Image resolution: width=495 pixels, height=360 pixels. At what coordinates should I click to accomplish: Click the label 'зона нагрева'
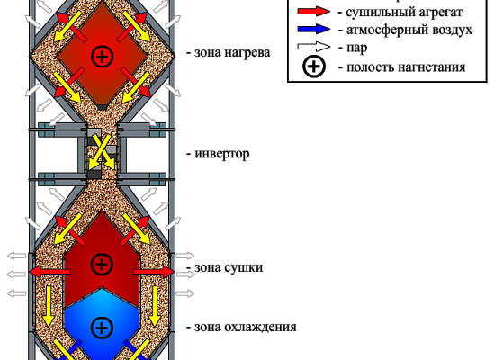(x=232, y=53)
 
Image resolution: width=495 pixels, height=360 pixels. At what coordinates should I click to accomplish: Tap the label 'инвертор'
(x=222, y=154)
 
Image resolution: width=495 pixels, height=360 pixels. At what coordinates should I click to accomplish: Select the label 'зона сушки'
(x=229, y=267)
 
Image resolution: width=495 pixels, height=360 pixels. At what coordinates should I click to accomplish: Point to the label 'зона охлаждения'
(x=246, y=327)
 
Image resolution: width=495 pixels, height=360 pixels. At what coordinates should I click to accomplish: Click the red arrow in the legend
(x=313, y=12)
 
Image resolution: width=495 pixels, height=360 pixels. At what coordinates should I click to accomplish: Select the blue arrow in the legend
(x=313, y=30)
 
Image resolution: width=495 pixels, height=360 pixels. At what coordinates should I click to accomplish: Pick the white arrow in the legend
(x=313, y=47)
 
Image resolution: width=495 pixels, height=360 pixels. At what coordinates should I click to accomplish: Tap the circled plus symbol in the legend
(x=314, y=67)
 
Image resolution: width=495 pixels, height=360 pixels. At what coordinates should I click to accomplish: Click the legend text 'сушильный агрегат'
(x=404, y=13)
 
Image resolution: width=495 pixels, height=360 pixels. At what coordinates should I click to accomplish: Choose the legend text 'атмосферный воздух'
(x=409, y=30)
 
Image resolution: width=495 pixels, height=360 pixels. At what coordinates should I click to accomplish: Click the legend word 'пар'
(x=357, y=49)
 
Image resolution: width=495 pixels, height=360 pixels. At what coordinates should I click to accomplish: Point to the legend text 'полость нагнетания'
(x=406, y=67)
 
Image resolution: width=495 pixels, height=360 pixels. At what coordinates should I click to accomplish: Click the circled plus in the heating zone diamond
(x=102, y=57)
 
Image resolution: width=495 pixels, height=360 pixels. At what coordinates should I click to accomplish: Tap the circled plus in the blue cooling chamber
(x=102, y=328)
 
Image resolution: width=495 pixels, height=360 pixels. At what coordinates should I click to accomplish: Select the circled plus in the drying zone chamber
(x=102, y=264)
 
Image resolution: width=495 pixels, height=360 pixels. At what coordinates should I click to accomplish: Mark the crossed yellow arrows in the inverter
(x=102, y=153)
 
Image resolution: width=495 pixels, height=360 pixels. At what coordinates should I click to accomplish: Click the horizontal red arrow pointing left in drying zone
(x=49, y=272)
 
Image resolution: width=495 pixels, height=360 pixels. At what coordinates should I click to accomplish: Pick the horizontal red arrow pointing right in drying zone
(x=154, y=272)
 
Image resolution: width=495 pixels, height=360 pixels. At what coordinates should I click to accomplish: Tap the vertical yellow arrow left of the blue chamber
(x=49, y=306)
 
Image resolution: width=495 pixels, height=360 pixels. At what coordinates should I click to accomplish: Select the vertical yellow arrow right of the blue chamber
(x=155, y=306)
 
